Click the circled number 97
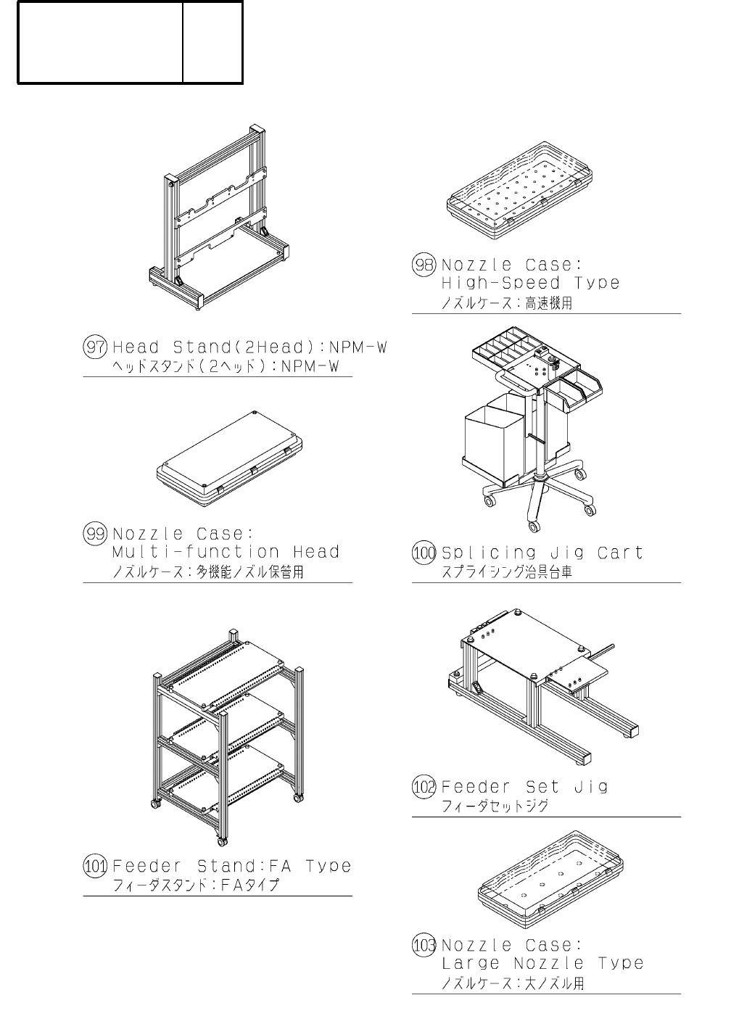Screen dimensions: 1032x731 [96, 347]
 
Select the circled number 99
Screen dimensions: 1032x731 [96, 534]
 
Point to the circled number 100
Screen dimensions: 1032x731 [424, 553]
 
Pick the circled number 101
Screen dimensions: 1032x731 [96, 866]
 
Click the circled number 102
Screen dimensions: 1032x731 [424, 787]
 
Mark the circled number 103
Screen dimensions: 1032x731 [424, 946]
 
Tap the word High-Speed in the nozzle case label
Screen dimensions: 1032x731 [500, 283]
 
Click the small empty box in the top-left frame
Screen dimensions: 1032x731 [212, 42]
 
